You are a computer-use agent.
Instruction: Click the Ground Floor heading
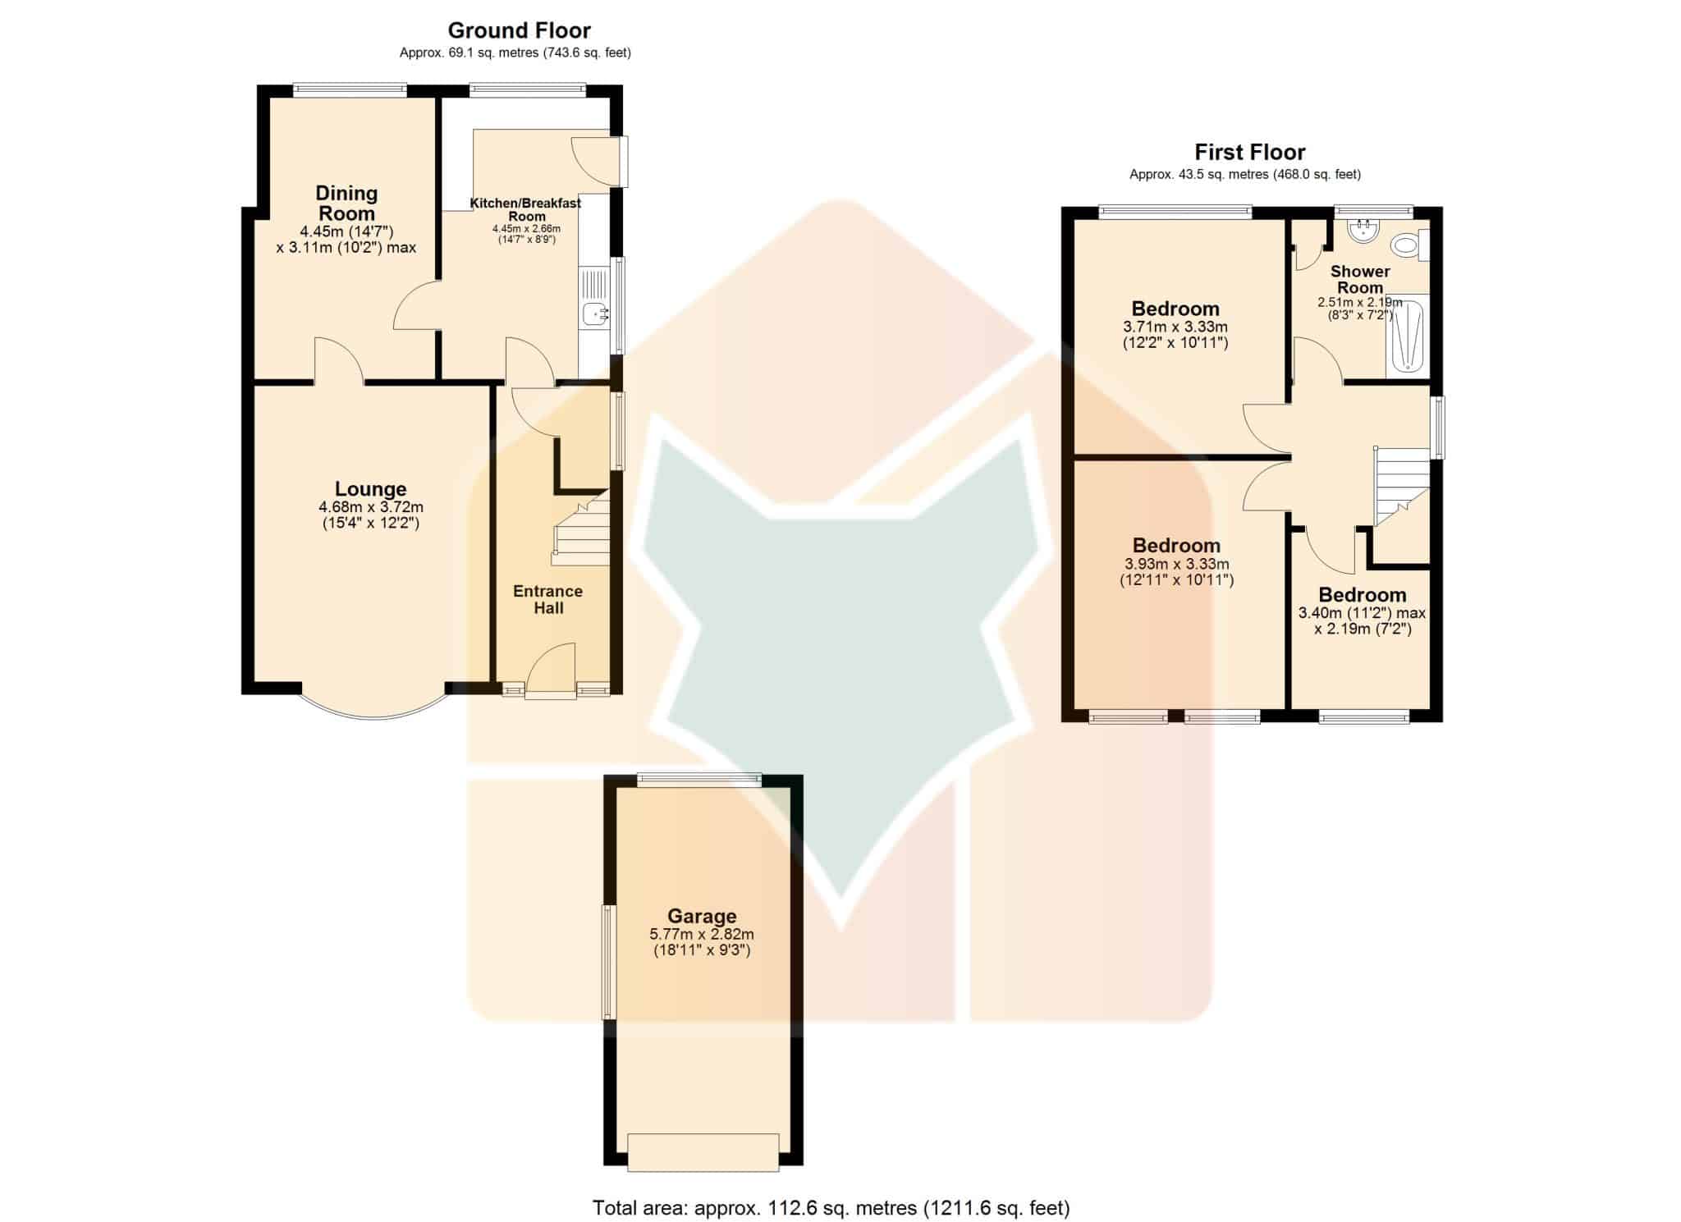tap(519, 30)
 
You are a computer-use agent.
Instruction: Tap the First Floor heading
tap(1249, 152)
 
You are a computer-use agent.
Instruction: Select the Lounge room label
tap(371, 489)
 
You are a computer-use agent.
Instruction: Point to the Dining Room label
tap(346, 203)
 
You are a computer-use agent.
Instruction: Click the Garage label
tap(702, 916)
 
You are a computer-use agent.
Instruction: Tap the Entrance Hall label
tap(548, 599)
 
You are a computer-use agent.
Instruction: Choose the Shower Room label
tap(1360, 279)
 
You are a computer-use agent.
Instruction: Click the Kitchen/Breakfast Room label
tap(525, 209)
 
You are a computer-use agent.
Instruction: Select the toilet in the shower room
tap(1410, 245)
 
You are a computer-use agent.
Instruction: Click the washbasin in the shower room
tap(1364, 229)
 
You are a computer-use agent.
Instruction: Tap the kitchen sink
tap(593, 313)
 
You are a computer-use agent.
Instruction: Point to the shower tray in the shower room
tap(1407, 337)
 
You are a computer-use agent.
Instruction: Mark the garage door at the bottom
tap(703, 1151)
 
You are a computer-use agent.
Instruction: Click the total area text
tap(831, 1207)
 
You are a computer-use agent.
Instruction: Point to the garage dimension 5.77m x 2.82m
tap(702, 934)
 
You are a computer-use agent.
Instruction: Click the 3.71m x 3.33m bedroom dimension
tap(1175, 327)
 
